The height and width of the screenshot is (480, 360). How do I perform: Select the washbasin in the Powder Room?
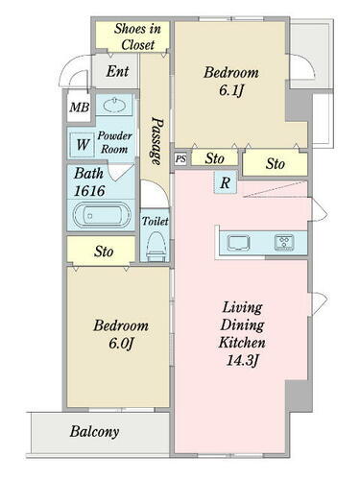point(114,105)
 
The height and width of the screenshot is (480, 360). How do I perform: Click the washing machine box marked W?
point(82,145)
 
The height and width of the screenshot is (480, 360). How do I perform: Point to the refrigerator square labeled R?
point(226,182)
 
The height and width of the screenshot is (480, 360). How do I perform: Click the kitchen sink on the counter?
point(238,242)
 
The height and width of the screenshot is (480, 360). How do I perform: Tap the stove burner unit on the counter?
point(284,242)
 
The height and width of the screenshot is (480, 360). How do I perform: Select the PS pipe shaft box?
point(180,159)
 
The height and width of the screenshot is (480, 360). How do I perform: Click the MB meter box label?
point(80,108)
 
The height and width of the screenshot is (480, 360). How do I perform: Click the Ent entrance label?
point(117,71)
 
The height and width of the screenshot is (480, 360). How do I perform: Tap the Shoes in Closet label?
point(137,36)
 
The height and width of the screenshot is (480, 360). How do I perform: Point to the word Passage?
point(156,141)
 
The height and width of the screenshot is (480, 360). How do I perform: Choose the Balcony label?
point(94,431)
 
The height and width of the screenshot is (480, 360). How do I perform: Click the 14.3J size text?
point(242,361)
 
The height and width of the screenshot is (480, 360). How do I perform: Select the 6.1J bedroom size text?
point(231,90)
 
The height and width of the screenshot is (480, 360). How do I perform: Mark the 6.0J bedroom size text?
point(120,344)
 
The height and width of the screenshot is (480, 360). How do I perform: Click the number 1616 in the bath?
point(89,191)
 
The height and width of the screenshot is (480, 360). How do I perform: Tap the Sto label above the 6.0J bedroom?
point(104,252)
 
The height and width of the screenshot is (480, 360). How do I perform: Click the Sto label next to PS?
point(215,158)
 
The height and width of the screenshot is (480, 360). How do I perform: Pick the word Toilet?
point(155,221)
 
